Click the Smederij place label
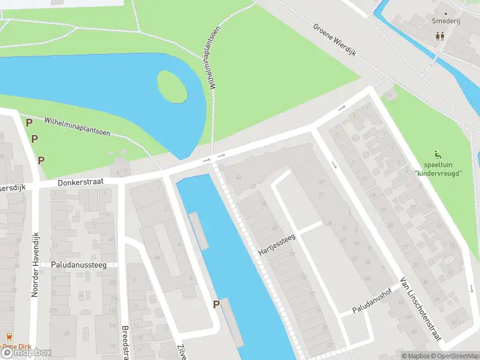(446, 20)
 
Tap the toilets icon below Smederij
(440, 35)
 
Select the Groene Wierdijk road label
(334, 40)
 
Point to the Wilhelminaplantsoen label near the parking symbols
(77, 127)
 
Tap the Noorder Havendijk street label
(35, 265)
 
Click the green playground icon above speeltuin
(437, 154)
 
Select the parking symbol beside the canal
(216, 304)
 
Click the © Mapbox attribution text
(416, 356)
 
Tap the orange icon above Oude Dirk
(8, 337)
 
